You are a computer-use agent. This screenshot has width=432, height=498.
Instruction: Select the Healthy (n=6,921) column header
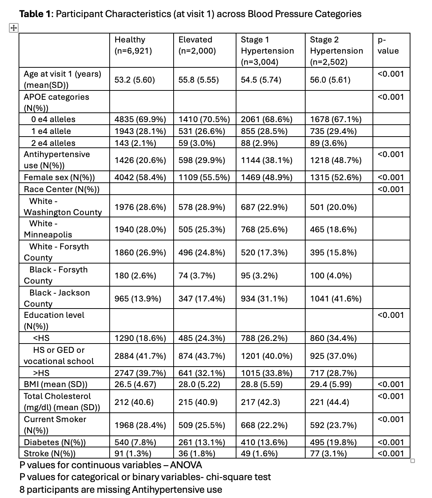click(133, 45)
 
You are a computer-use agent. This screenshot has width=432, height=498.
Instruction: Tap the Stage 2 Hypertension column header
click(336, 51)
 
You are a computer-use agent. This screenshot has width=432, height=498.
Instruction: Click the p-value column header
click(388, 45)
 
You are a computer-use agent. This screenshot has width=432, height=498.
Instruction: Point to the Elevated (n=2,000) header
click(197, 45)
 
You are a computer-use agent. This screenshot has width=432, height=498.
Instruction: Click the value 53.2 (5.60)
click(135, 80)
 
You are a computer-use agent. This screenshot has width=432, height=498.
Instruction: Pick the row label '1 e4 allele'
click(51, 131)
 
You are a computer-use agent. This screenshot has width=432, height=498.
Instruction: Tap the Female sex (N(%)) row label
click(59, 178)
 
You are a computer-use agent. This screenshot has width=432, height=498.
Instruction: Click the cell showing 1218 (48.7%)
click(335, 160)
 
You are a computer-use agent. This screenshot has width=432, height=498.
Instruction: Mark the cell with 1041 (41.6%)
click(335, 299)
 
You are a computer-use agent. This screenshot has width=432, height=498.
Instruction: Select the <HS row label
click(41, 338)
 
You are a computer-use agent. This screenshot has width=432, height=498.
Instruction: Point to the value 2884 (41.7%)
click(140, 356)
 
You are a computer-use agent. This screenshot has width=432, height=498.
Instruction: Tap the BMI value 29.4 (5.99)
click(331, 384)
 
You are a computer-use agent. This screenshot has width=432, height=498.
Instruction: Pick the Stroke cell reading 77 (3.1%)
click(328, 453)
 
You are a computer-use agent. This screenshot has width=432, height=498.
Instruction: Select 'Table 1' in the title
click(36, 14)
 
